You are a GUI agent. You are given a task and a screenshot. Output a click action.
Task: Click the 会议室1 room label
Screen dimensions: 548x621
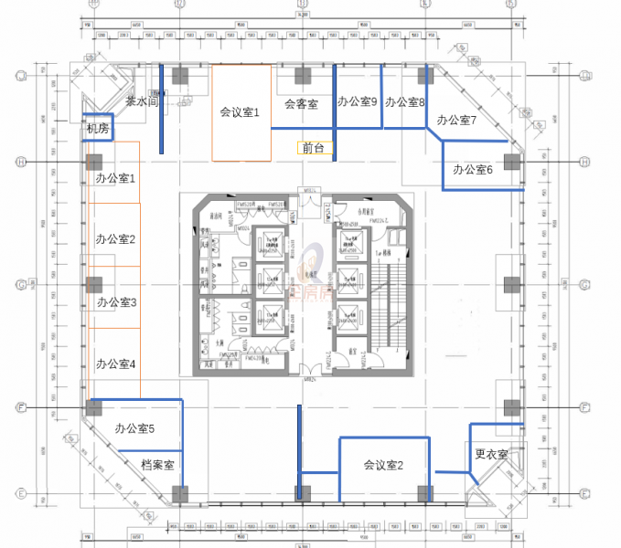(x=241, y=113)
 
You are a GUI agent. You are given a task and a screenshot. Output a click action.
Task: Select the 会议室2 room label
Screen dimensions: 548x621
(x=383, y=465)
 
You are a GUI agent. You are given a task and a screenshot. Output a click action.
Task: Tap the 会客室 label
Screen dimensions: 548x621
(x=301, y=104)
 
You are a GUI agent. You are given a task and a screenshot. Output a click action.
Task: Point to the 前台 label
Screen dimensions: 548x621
(x=312, y=147)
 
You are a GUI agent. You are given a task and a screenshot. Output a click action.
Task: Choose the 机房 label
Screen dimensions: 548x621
(x=97, y=131)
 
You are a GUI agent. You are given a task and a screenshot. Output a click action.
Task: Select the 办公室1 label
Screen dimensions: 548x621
(x=115, y=178)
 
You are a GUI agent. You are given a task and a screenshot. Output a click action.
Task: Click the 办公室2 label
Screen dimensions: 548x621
(x=115, y=240)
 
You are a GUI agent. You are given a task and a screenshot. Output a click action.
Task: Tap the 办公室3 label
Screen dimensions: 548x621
(x=115, y=302)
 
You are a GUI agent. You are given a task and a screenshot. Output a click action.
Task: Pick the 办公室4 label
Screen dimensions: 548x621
(x=115, y=364)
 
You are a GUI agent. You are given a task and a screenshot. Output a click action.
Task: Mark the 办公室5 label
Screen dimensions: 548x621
(x=134, y=428)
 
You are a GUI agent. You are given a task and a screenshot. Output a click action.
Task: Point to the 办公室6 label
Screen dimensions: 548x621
(x=473, y=170)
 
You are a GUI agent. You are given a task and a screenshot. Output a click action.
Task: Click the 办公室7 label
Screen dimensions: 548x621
(x=456, y=121)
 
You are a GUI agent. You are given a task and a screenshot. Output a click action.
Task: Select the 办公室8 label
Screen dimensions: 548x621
(x=404, y=102)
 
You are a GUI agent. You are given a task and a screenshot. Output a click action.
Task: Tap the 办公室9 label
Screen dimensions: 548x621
(x=358, y=101)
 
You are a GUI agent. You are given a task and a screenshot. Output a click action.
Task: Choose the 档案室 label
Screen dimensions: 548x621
(x=158, y=465)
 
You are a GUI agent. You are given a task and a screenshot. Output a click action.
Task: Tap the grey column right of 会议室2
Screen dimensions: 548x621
(x=424, y=493)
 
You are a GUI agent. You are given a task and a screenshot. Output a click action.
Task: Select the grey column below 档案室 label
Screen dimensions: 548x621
(x=181, y=494)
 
